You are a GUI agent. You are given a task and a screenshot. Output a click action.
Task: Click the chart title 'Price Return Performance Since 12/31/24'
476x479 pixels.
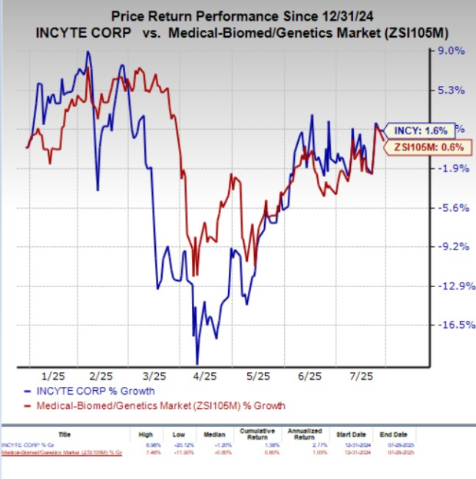239,15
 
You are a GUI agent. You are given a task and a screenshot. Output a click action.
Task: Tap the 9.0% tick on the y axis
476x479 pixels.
429,51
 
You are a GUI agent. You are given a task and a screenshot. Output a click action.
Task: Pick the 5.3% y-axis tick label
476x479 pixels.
429,91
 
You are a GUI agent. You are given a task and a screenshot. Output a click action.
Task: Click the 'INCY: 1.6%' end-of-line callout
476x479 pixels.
414,130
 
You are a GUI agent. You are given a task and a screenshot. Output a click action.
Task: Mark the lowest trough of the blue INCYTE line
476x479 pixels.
197,363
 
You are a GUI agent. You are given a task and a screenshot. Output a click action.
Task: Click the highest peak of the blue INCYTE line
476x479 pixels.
88,51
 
